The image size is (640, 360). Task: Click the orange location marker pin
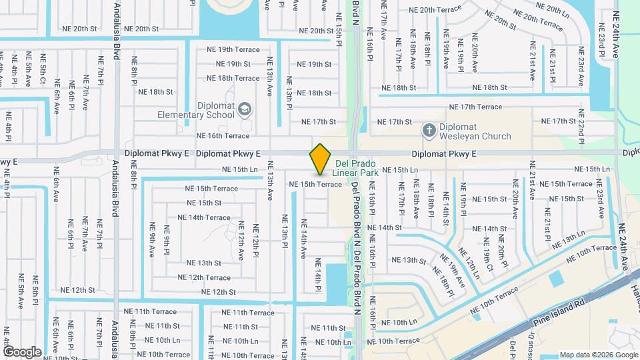point(321,159)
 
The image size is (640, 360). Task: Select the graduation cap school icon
point(245,109)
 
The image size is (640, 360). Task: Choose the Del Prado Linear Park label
point(357,167)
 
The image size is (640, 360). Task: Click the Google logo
point(22,352)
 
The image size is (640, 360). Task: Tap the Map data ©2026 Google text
point(598,355)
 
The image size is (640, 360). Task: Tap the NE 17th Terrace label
point(475,107)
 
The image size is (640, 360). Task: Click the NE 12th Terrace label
point(199,277)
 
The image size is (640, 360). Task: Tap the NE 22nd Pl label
point(581,128)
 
